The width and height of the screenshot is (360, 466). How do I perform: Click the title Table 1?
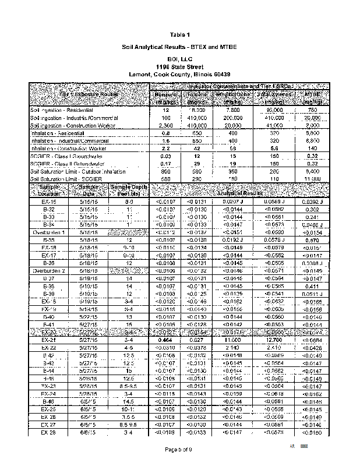click(180, 34)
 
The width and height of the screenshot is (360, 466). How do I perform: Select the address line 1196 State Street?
click(180, 67)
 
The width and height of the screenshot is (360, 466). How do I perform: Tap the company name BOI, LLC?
click(180, 59)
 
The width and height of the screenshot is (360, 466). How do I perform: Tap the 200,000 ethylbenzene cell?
click(232, 118)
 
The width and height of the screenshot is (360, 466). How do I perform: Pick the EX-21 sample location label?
click(49, 339)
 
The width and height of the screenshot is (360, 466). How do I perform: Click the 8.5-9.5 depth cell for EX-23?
click(126, 385)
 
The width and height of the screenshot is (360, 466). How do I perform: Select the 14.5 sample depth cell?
click(126, 401)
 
